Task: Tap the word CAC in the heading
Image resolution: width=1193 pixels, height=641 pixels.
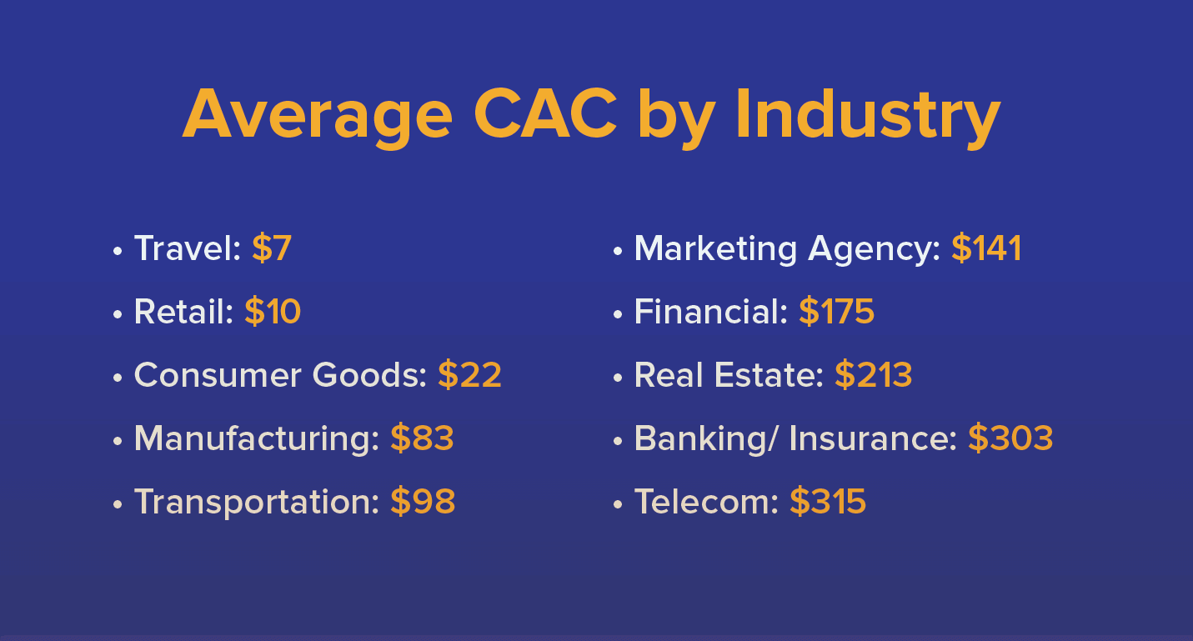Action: [x=545, y=113]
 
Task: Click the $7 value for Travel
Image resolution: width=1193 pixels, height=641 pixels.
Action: [x=272, y=248]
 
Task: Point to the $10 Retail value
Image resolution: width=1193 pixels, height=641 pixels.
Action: [x=273, y=312]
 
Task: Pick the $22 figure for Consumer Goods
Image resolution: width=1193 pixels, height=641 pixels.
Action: [x=469, y=375]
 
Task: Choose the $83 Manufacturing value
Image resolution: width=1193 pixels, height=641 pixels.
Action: [x=422, y=438]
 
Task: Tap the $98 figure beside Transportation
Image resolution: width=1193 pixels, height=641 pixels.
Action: [x=423, y=502]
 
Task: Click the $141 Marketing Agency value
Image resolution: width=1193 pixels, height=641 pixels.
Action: [x=986, y=248]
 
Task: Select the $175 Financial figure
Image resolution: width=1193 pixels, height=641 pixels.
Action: [x=837, y=312]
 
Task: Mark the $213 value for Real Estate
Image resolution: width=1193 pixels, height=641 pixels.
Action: [x=874, y=375]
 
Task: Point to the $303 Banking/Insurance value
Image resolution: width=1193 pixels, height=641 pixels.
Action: [x=1010, y=438]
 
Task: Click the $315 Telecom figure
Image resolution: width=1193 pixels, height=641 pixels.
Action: [x=828, y=502]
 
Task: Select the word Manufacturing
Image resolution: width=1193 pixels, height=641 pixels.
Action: [x=257, y=440]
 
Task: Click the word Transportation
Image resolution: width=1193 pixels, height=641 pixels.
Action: [x=257, y=503]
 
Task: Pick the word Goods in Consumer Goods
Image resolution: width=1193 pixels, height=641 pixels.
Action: [x=369, y=375]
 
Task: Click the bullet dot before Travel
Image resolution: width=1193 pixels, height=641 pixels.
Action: [x=118, y=251]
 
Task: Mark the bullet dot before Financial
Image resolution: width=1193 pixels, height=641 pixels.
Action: [x=618, y=314]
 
